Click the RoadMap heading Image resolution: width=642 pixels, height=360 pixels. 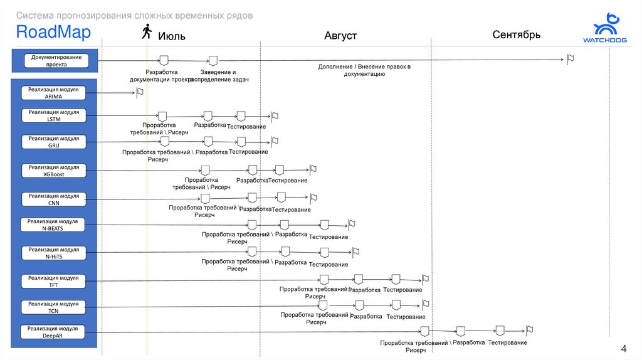(x=53, y=32)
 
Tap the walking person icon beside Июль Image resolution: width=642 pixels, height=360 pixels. (x=147, y=31)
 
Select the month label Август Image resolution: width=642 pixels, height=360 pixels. (x=340, y=36)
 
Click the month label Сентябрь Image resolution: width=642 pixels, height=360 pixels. (x=516, y=34)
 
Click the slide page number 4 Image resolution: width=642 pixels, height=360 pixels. (x=623, y=349)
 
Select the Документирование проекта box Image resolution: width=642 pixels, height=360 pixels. (x=56, y=61)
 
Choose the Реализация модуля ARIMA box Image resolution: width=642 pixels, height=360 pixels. (x=54, y=93)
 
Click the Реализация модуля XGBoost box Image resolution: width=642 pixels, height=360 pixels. (x=54, y=171)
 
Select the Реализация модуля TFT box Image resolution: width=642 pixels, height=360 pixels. (x=53, y=281)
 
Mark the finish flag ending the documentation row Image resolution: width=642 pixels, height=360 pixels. (x=570, y=59)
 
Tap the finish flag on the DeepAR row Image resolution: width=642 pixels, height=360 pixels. (x=529, y=329)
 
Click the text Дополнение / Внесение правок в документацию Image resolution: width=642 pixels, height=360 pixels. (x=364, y=70)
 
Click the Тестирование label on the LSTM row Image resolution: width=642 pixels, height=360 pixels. (x=246, y=127)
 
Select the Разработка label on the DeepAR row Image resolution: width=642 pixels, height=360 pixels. (x=469, y=342)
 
